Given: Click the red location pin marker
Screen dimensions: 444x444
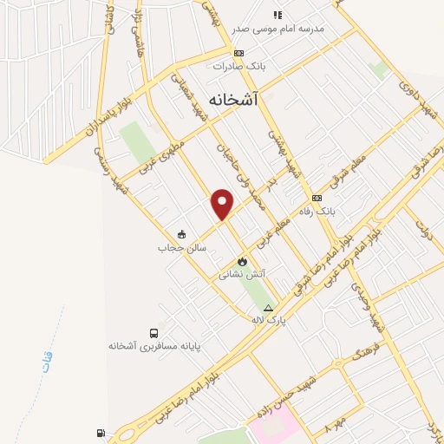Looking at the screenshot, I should click(223, 204).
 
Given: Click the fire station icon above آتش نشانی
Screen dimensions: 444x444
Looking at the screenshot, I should click(242, 262).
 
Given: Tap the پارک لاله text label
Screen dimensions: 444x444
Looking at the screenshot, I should click(268, 321).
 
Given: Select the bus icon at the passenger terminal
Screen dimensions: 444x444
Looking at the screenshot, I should click(153, 333).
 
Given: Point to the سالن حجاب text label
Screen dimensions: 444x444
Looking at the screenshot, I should click(173, 247).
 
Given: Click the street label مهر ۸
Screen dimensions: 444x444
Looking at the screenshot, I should click(335, 428).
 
